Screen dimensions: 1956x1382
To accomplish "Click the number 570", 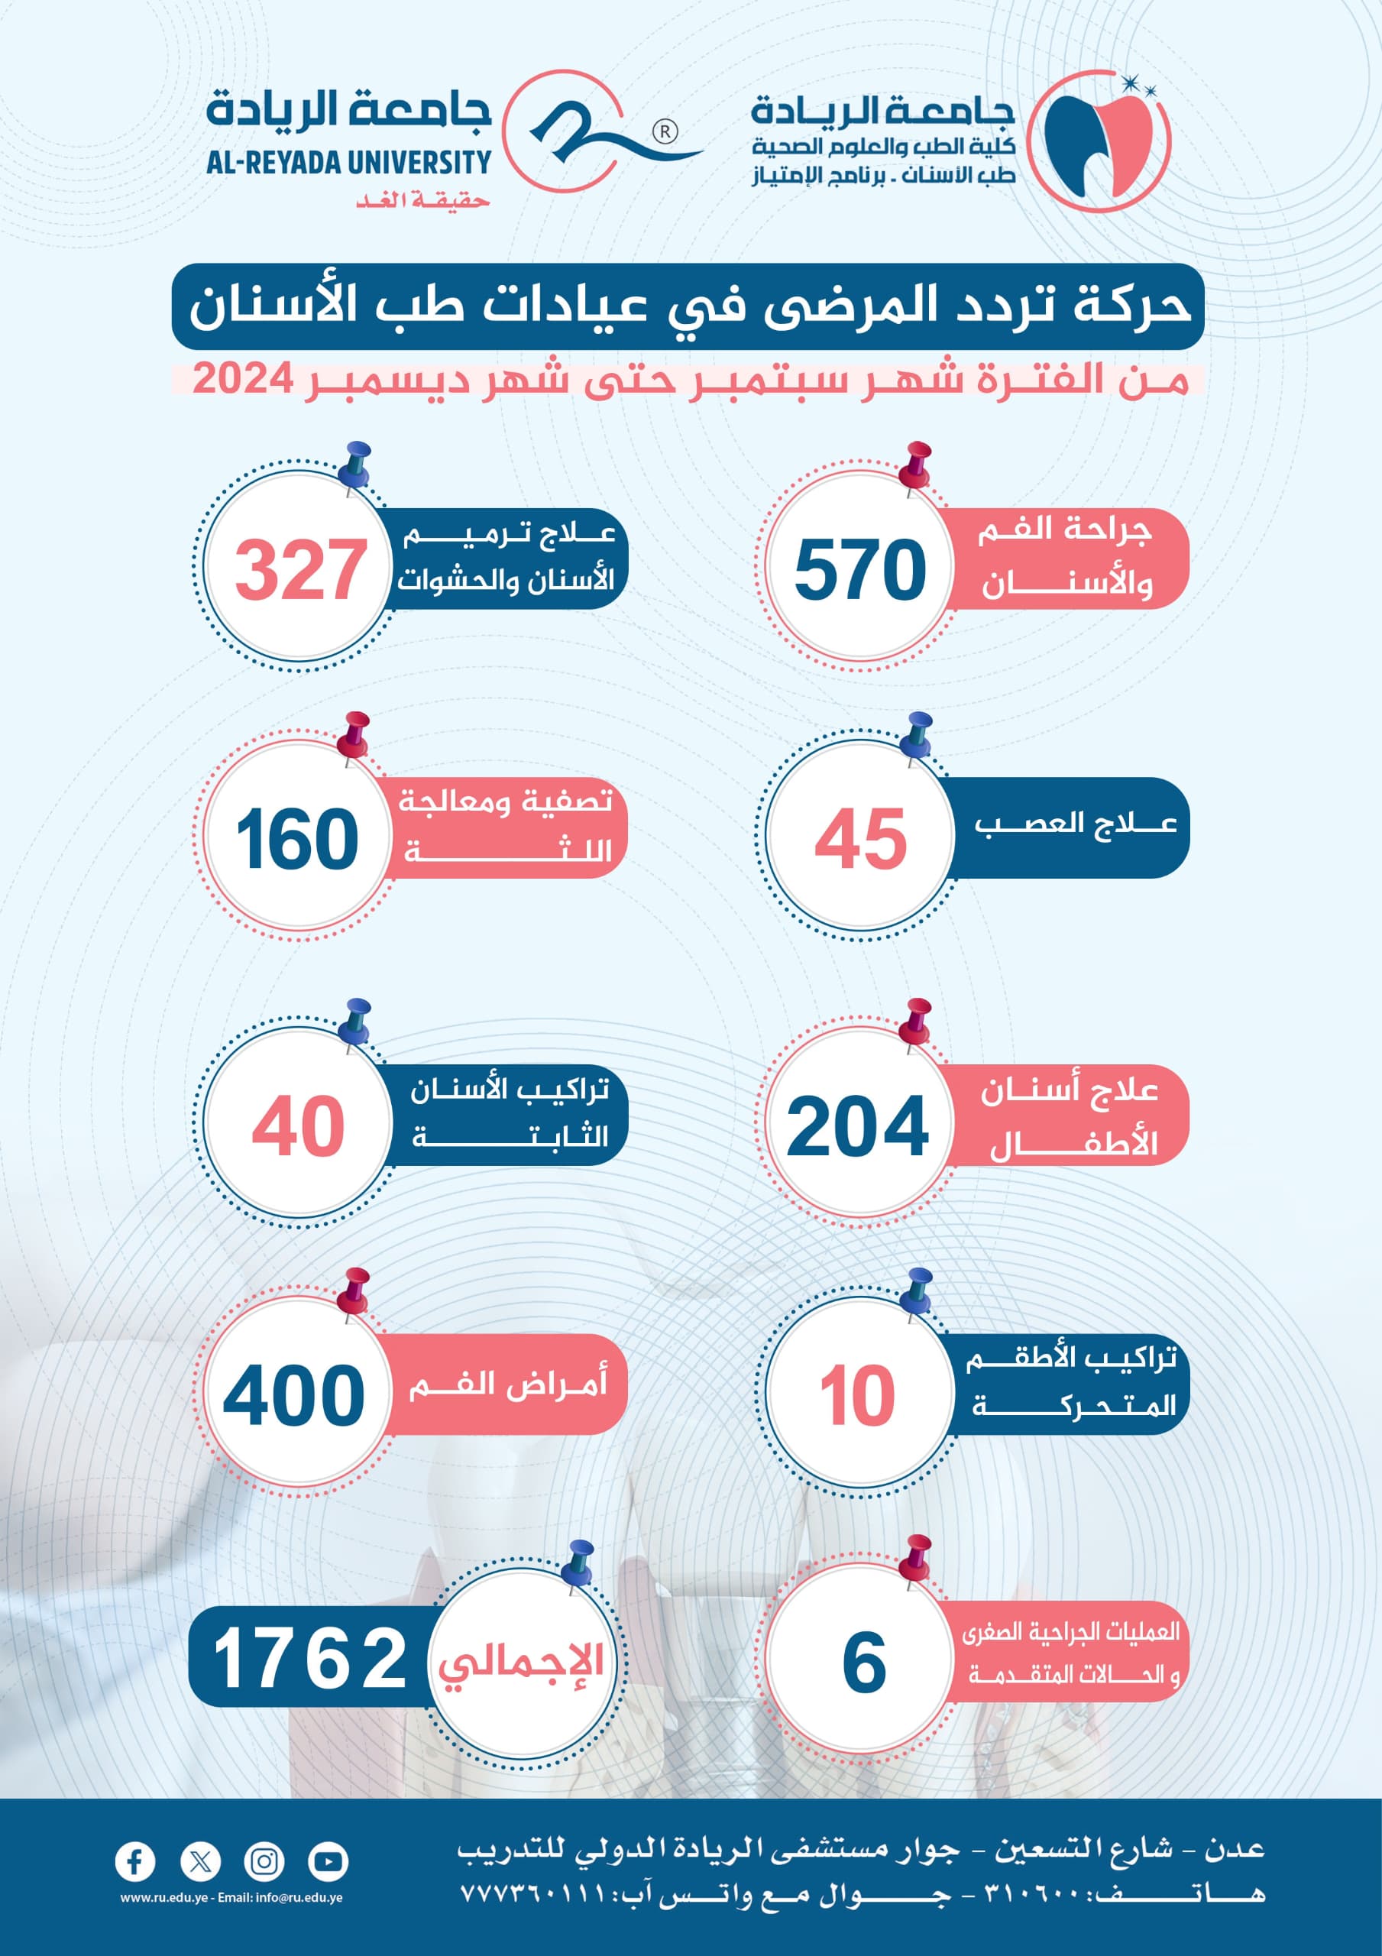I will coord(859,569).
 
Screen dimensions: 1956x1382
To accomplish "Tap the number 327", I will coord(300,569).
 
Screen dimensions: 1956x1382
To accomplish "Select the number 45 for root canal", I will coord(860,839).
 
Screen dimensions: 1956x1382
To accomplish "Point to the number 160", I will coord(297,839).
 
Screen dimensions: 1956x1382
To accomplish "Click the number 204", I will coord(857,1126).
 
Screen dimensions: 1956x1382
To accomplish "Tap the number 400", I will coord(294,1395).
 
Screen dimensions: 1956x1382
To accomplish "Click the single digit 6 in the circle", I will coord(864,1662).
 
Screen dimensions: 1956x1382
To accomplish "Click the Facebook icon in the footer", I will coord(134,1861).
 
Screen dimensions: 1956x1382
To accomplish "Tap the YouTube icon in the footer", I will coord(328,1861).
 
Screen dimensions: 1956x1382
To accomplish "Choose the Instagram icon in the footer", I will coord(264,1861).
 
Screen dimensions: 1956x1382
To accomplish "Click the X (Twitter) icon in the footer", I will coord(200,1861).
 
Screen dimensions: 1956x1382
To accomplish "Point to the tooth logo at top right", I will coord(1099,141).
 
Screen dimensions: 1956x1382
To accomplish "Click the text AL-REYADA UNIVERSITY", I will coord(349,162).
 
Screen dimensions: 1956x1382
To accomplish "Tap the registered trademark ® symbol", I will coord(665,132).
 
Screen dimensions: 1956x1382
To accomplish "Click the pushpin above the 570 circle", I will coord(917,467).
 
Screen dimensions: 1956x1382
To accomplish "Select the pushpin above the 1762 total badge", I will coord(579,1563).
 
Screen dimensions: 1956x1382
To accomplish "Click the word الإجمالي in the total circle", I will coord(522,1662).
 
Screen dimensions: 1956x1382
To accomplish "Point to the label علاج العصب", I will coord(1075,824).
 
